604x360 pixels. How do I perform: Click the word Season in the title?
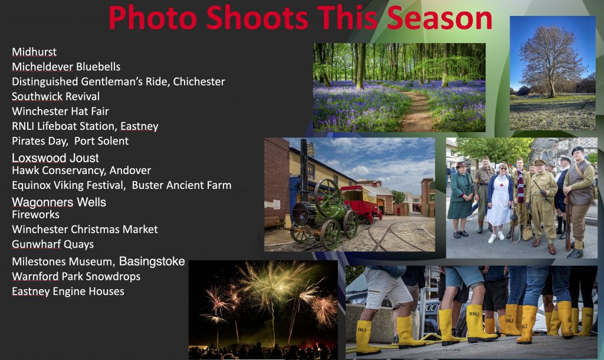439,18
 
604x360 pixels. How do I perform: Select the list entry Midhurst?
34,52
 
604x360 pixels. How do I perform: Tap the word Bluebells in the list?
99,67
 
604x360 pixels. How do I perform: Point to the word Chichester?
199,81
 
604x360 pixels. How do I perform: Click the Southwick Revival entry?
56,96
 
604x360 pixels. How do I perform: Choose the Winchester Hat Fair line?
61,112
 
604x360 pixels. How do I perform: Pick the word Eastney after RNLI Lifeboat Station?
139,126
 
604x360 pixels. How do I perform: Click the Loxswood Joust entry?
55,158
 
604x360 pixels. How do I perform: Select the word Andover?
130,171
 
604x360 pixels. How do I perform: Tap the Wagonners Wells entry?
59,202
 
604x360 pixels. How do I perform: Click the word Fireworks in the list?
36,215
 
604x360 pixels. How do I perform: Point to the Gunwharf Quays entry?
52,244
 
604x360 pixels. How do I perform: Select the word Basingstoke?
152,261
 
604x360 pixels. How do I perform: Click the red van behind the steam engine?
360,203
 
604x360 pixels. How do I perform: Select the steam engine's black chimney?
305,169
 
